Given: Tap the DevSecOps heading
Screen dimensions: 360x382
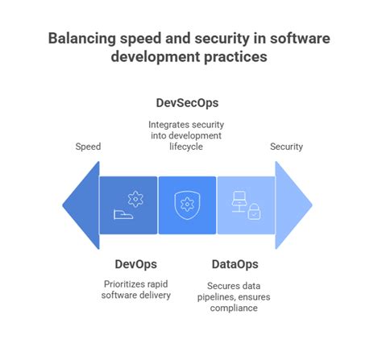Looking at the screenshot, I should click(187, 104).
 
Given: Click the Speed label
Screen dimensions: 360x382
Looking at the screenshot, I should click(89, 147).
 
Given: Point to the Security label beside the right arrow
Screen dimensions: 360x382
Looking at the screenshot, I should click(286, 147).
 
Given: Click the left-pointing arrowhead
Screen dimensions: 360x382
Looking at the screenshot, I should click(80, 205).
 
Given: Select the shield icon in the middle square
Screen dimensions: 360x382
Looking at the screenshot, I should click(187, 205).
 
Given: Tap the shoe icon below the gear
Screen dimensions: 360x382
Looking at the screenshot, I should click(122, 216).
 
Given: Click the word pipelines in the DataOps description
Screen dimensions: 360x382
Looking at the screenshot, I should click(216, 296).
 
